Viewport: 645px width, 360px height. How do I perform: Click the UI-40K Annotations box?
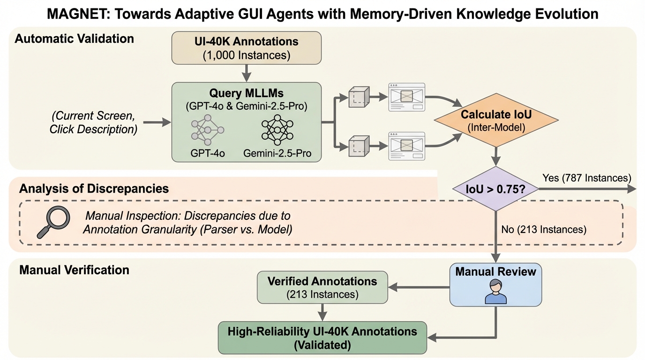[x=247, y=48]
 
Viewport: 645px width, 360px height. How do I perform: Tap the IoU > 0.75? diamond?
[x=496, y=189]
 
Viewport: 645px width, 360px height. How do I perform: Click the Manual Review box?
[x=495, y=284]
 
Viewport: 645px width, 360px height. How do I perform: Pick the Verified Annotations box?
[x=322, y=287]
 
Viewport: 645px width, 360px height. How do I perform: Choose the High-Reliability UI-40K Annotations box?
[x=322, y=337]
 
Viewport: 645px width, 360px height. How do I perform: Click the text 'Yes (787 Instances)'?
[x=586, y=178]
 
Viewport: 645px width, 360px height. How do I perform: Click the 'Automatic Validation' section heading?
[x=75, y=38]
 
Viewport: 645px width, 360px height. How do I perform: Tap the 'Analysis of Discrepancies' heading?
[x=94, y=189]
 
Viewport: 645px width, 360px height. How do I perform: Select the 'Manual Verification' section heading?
[x=75, y=270]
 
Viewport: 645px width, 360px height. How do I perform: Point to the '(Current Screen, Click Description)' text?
[x=93, y=123]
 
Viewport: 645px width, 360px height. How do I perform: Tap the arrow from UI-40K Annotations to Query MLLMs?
[x=247, y=73]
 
